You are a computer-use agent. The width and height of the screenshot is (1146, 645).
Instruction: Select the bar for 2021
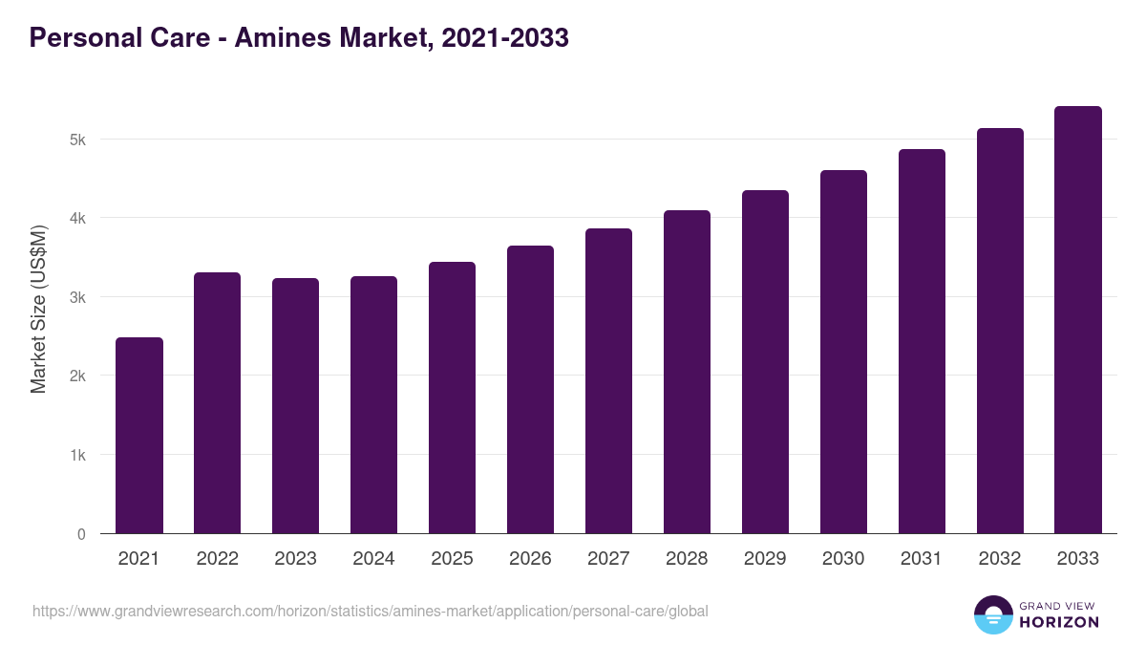[x=139, y=436]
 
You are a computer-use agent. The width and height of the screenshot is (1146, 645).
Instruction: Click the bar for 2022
[x=218, y=403]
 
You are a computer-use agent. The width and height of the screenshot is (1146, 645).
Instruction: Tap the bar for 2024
[x=374, y=405]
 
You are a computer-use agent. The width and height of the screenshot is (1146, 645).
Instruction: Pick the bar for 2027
[x=609, y=381]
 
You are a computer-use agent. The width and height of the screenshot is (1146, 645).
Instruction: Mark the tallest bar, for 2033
[x=1079, y=320]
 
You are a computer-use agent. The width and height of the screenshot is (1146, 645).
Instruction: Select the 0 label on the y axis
[x=81, y=534]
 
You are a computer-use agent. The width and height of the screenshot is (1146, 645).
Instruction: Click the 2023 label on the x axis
[x=296, y=559]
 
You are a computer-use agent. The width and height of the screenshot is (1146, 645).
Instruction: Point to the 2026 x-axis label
[x=531, y=559]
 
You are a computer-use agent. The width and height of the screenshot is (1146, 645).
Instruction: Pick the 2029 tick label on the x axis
[x=766, y=559]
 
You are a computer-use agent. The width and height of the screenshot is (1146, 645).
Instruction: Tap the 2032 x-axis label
[x=1001, y=559]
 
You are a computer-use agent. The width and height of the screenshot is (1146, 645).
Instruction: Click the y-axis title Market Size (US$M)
[x=38, y=310]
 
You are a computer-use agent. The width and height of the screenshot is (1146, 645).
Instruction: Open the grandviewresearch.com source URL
[x=371, y=611]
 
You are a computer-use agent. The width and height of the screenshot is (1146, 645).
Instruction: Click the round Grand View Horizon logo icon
[x=993, y=614]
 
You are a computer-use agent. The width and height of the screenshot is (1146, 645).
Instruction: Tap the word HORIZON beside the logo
[x=1059, y=622]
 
